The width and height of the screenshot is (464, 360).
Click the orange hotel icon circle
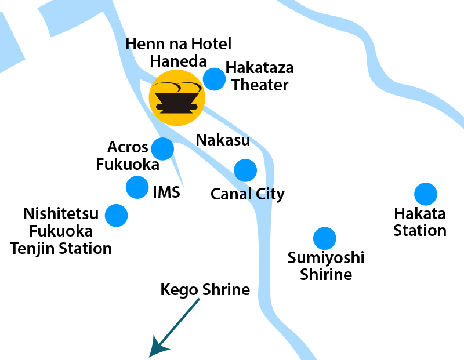pos(177,98)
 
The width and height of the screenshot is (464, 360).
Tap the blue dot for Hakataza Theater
pos(215,79)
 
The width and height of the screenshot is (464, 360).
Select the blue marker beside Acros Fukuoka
pos(162,149)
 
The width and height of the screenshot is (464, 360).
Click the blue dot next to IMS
pos(137,187)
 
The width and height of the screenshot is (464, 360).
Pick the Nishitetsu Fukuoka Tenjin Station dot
pos(117,215)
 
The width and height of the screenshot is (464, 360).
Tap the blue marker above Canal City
pos(245,170)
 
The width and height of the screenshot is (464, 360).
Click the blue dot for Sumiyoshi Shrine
pos(324,238)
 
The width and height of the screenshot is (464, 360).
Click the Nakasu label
pos(223,140)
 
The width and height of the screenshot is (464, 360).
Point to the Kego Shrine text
pos(205,289)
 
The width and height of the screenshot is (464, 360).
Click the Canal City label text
pos(248,194)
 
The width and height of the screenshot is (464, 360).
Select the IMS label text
pos(166,192)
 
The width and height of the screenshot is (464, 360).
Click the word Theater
pos(260,85)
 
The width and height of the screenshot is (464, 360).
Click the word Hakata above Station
pos(419,214)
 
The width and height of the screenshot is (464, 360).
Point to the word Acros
pos(128,147)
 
